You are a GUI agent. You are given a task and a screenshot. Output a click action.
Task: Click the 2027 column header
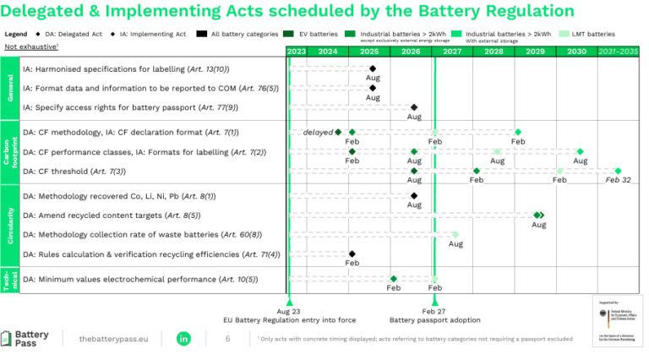pos(452,52)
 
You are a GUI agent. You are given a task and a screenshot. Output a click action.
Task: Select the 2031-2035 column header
pos(619,52)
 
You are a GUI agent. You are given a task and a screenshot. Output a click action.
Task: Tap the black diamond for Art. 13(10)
pos(373,68)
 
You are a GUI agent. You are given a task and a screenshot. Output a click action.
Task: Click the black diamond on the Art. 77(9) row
pos(414,107)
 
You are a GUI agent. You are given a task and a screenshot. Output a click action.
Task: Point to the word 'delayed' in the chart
pos(319,132)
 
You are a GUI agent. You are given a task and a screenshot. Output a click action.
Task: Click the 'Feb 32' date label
pos(618,180)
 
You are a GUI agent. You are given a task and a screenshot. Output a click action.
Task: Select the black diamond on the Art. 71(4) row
pos(352,254)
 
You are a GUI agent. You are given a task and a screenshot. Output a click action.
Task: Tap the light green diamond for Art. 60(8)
pos(455,234)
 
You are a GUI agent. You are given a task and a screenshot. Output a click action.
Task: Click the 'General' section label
pos(10,88)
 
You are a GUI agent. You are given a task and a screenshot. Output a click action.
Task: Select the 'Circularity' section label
pos(10,224)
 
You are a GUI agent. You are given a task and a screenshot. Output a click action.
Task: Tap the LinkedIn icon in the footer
pos(183,338)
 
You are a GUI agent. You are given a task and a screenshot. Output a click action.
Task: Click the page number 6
pos(227,338)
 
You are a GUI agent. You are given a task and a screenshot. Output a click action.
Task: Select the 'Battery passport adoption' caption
pos(434,320)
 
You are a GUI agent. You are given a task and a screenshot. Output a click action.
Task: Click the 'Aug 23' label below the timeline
pos(289,311)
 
